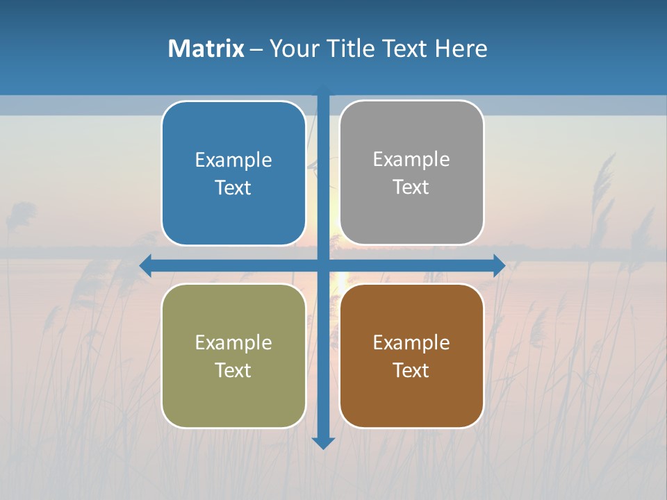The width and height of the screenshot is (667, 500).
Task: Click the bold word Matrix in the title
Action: [x=206, y=49]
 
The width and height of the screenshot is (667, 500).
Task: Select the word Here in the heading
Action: [x=461, y=49]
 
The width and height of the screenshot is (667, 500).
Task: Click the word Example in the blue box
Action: [x=233, y=160]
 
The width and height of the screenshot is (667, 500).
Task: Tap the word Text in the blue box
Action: [x=233, y=187]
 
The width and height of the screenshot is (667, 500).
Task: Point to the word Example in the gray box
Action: [x=411, y=159]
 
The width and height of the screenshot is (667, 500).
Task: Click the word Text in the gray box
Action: [x=411, y=187]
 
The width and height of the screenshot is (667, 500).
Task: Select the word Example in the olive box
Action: [x=233, y=342]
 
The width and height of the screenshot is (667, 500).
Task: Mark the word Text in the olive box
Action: [x=233, y=370]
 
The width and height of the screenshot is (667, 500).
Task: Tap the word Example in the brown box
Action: [x=411, y=342]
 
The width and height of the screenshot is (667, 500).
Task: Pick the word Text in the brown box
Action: [x=411, y=370]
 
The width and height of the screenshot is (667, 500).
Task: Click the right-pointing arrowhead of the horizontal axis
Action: [x=500, y=265]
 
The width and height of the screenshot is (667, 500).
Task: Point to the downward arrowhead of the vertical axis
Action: [x=323, y=442]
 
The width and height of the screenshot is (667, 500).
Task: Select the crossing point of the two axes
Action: [x=323, y=265]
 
